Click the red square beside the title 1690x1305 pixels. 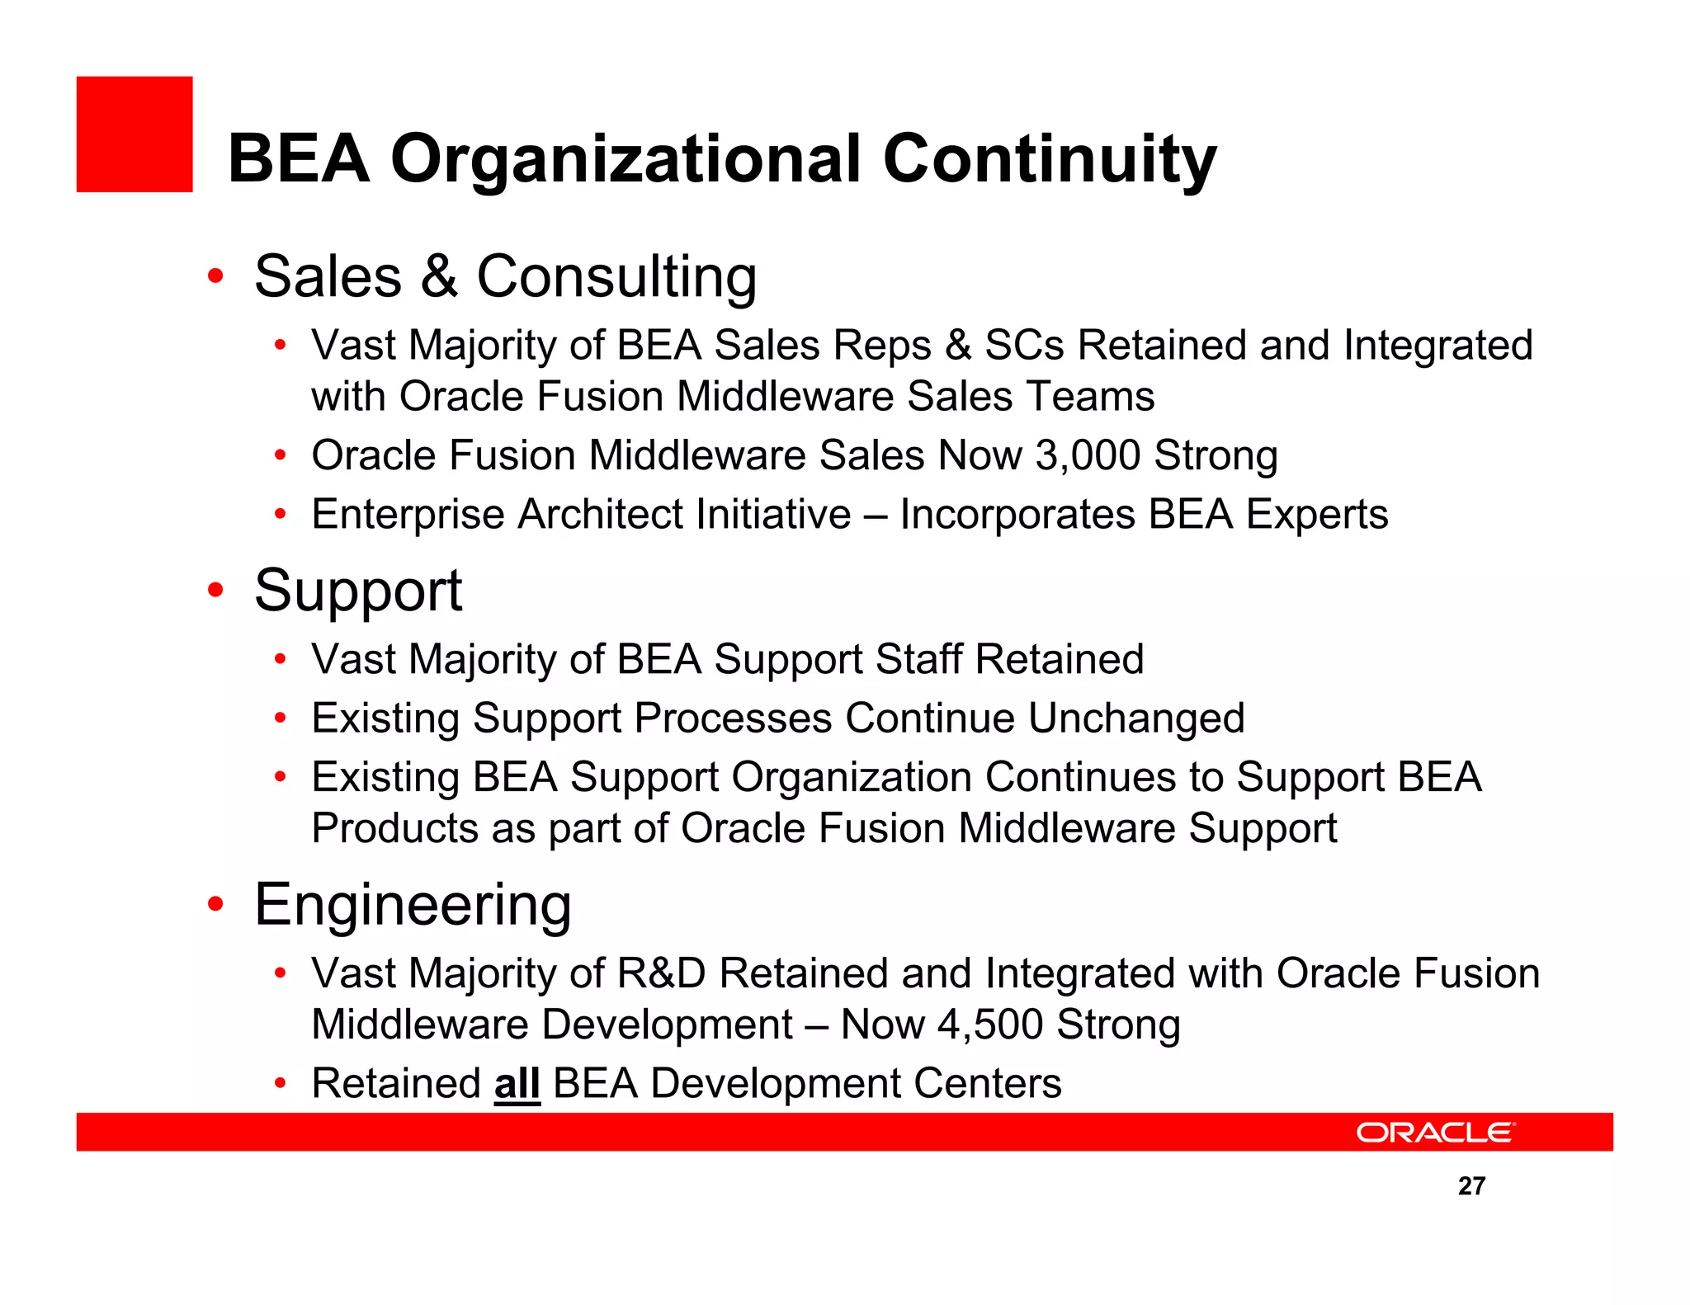(135, 134)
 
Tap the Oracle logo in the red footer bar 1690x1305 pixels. (1435, 1132)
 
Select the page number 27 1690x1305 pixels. (1471, 1185)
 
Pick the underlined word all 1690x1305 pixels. (517, 1083)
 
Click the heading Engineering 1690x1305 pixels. (413, 905)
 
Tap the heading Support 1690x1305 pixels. (358, 591)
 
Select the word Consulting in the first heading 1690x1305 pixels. (616, 276)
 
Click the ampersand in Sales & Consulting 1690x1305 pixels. (439, 276)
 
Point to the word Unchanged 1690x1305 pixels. (1136, 718)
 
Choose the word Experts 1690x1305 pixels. (1317, 515)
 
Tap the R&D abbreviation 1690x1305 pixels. (661, 973)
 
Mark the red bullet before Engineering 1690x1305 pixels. (215, 904)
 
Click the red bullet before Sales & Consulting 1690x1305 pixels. (215, 276)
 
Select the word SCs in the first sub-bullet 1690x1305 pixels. (1024, 345)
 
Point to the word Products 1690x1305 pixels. (394, 828)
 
